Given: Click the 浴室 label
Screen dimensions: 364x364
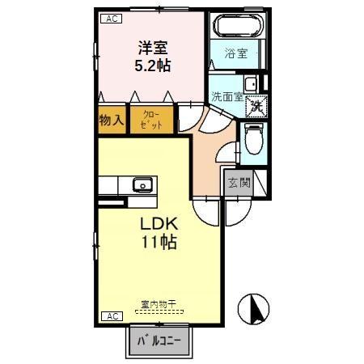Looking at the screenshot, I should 235,55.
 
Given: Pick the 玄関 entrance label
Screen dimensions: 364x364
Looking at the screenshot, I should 238,183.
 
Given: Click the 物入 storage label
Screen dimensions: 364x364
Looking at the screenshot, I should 111,121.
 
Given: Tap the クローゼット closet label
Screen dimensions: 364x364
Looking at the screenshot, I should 152,121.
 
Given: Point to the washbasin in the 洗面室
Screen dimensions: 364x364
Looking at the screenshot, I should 251,83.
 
